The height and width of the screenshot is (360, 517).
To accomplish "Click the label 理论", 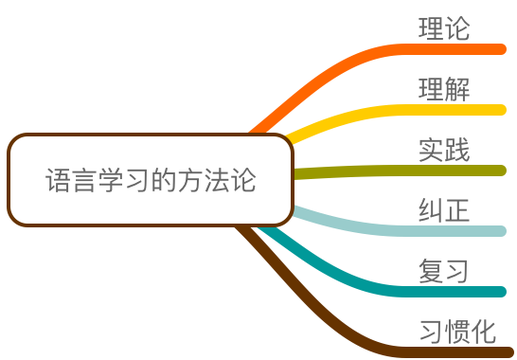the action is (444, 28).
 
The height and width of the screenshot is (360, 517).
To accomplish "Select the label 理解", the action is (444, 89).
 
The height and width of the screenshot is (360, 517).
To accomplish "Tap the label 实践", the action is (444, 150).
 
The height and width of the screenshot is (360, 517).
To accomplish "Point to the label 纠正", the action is (444, 210).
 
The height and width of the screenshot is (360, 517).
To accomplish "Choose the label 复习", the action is (444, 271).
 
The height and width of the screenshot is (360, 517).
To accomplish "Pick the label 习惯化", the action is (457, 332).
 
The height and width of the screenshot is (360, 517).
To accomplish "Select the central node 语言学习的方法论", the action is (151, 180).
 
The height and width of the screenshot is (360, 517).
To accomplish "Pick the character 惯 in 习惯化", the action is (457, 332).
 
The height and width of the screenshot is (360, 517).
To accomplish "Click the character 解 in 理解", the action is (457, 89).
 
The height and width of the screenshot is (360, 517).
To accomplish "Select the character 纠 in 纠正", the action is (431, 210).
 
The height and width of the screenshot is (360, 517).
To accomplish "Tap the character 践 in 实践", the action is (457, 150).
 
